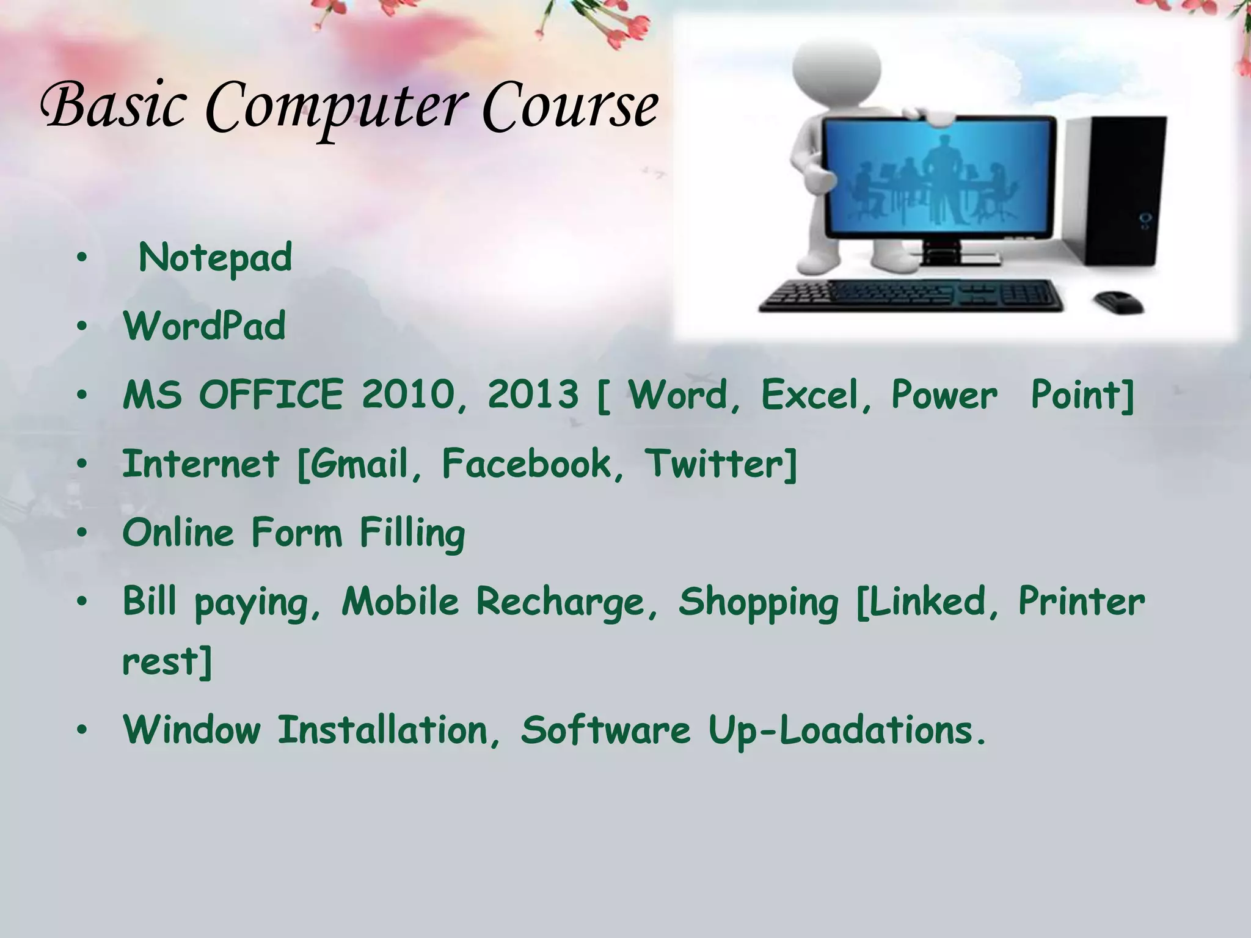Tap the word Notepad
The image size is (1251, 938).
[x=216, y=258]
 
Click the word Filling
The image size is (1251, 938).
[x=412, y=533]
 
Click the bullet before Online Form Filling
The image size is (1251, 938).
[x=82, y=533]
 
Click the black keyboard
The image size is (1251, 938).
[x=910, y=296]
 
